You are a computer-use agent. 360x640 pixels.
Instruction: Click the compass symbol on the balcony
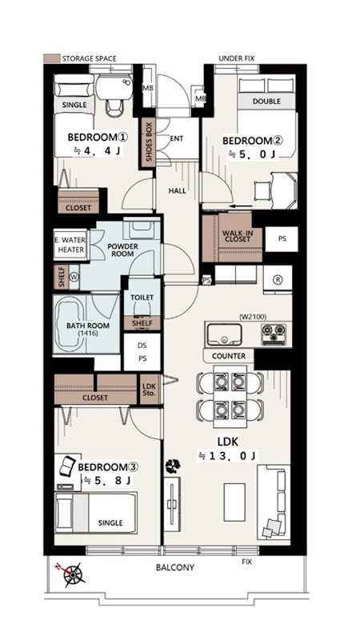(x=72, y=573)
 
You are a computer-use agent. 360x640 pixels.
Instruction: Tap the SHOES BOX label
(x=149, y=142)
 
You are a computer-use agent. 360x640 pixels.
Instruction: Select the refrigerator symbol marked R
(x=278, y=279)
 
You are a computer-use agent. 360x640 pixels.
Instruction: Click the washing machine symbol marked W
(x=74, y=276)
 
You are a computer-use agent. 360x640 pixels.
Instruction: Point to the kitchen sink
(x=224, y=334)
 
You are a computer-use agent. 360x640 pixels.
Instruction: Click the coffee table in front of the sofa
(x=234, y=496)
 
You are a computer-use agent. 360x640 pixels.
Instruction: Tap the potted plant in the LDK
(x=173, y=465)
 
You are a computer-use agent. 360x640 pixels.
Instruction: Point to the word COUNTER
(x=229, y=356)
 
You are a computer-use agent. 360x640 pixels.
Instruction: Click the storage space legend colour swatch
(x=51, y=58)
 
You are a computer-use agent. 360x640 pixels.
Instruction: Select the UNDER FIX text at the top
(x=236, y=58)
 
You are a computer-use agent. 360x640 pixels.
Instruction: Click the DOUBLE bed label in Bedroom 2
(x=266, y=101)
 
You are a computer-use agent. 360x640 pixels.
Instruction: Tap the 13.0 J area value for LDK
(x=228, y=456)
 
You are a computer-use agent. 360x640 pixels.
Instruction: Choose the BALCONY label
(x=175, y=567)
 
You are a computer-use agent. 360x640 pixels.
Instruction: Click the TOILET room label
(x=142, y=298)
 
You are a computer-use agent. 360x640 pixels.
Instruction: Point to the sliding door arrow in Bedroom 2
(x=241, y=206)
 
